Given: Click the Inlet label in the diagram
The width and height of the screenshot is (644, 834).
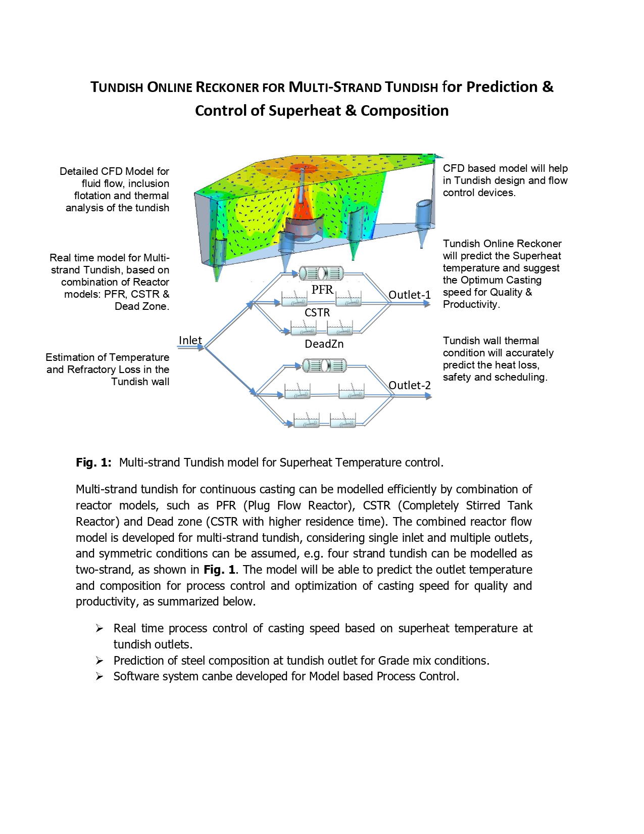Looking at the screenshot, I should pyautogui.click(x=190, y=340).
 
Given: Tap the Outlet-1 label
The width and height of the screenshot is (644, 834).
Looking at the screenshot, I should pyautogui.click(x=409, y=295).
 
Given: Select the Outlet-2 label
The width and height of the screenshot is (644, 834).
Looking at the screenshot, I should pyautogui.click(x=409, y=385).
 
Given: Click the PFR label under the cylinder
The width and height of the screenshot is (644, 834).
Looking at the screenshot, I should pyautogui.click(x=322, y=290).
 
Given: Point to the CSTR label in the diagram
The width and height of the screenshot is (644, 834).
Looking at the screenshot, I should pyautogui.click(x=317, y=313).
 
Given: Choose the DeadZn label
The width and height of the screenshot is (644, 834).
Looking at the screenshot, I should pyautogui.click(x=324, y=344).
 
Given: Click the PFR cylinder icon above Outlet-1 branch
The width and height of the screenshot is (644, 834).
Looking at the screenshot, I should pyautogui.click(x=322, y=273).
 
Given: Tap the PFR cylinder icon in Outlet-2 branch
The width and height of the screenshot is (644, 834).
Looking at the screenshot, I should pyautogui.click(x=324, y=365).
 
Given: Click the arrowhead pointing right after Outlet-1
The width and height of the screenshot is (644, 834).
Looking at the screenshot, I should pyautogui.click(x=427, y=304).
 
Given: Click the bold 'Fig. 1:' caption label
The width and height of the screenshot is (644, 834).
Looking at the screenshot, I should pyautogui.click(x=93, y=462).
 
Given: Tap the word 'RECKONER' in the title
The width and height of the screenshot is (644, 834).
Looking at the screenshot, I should pyautogui.click(x=227, y=87).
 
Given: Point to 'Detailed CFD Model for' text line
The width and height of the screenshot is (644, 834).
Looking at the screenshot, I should pyautogui.click(x=114, y=171).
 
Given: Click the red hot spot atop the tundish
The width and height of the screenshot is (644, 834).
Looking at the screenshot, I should pyautogui.click(x=303, y=168).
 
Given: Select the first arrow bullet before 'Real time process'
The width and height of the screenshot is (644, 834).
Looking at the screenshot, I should pyautogui.click(x=100, y=628).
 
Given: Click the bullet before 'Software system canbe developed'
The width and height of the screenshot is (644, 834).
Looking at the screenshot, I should pyautogui.click(x=100, y=676).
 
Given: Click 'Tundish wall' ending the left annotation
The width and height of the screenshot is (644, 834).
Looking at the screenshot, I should pyautogui.click(x=140, y=382).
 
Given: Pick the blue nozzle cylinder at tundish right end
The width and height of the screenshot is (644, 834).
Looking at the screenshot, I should pyautogui.click(x=423, y=214).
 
